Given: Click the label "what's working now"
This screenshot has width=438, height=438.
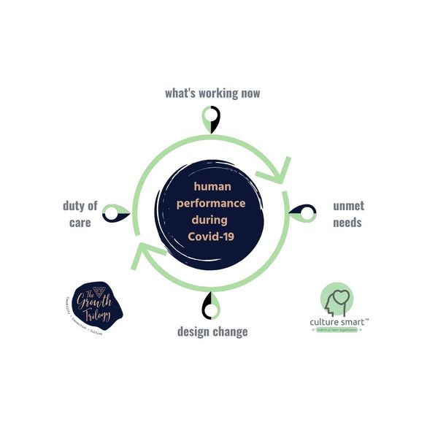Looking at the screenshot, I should [212, 93].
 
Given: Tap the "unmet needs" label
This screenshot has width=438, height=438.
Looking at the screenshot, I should [347, 214].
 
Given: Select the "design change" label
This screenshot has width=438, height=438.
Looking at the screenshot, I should [212, 331].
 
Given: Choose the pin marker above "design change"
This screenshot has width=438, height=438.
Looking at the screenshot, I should [212, 305].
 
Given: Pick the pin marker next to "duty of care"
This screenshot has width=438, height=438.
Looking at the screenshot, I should [116, 213].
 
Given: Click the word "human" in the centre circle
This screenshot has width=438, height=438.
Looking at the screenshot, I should [211, 187].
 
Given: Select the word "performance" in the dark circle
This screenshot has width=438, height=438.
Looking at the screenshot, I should [211, 203].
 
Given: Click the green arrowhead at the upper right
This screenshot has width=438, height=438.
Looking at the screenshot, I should [280, 172].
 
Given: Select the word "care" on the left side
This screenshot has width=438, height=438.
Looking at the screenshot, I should [80, 222].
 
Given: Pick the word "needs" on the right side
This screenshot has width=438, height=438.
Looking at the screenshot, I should [347, 223].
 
